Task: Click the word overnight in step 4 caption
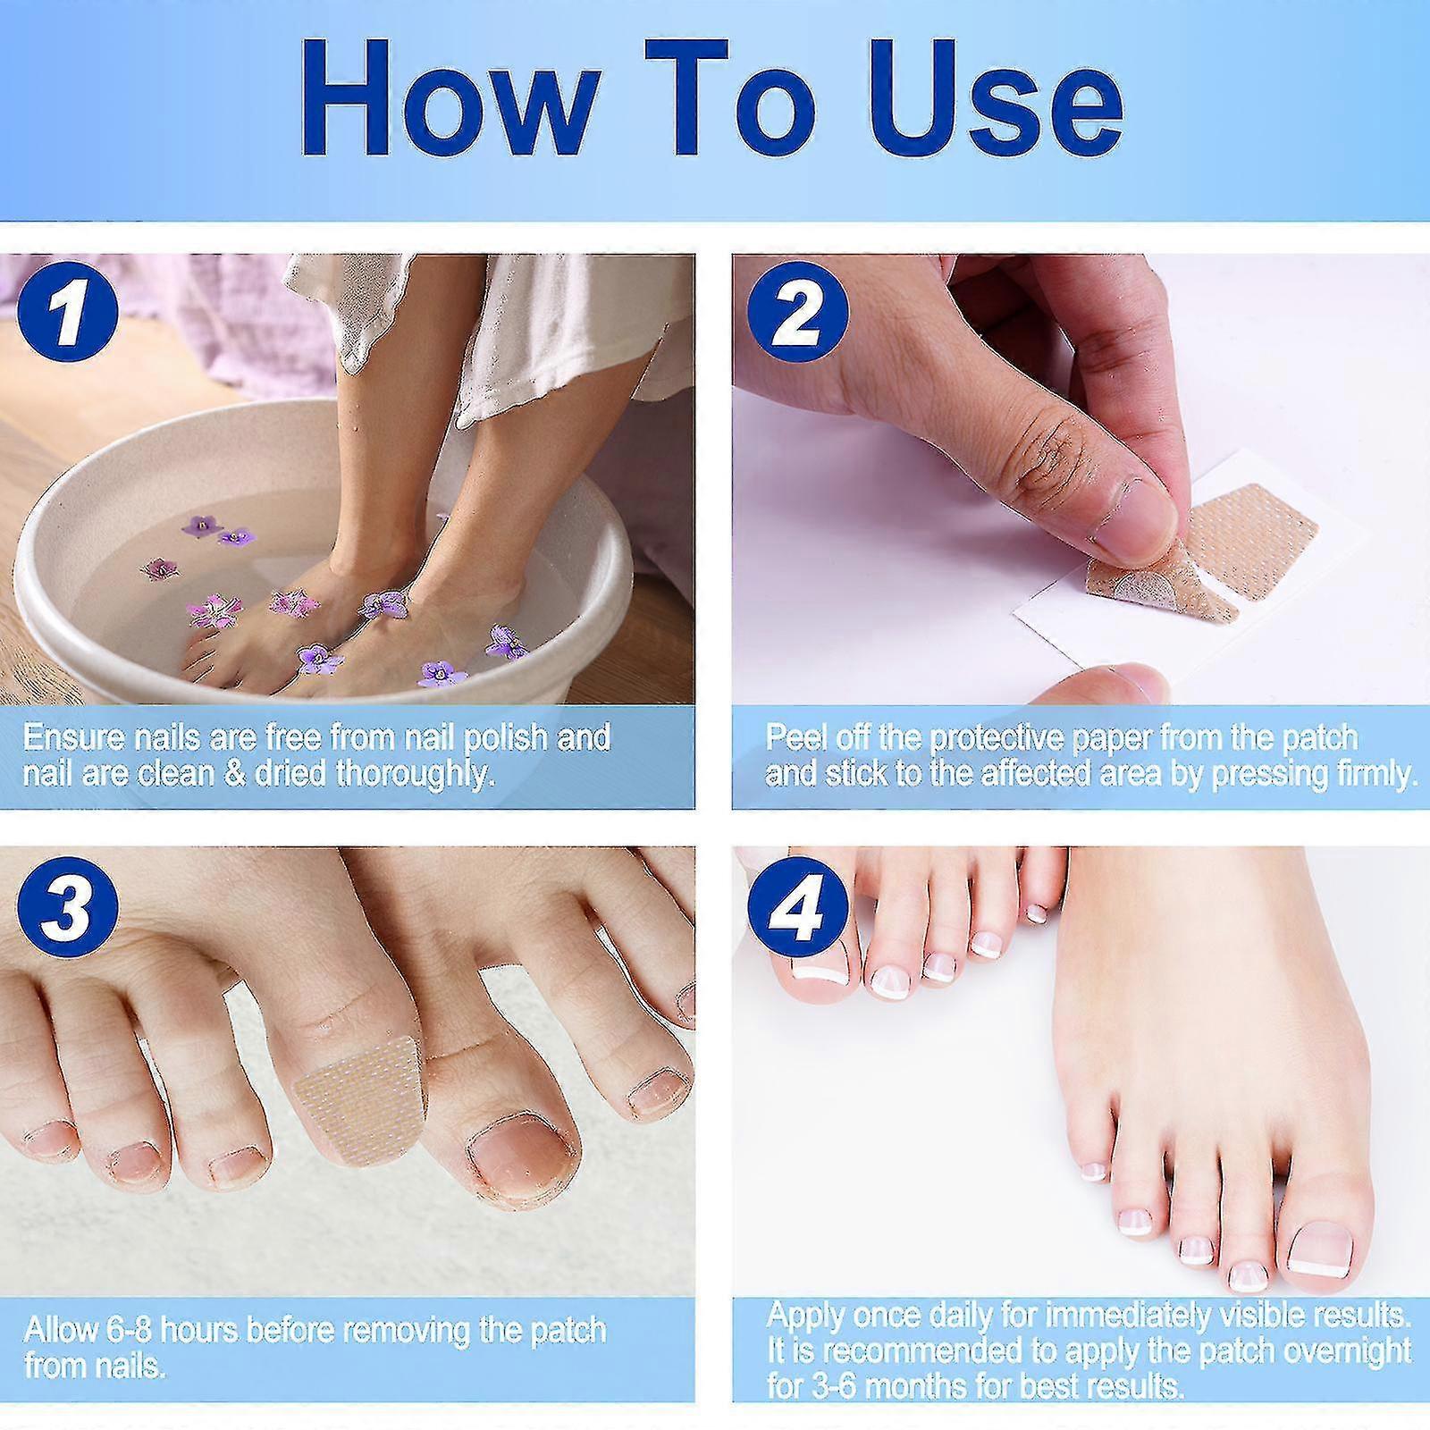(1358, 1350)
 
